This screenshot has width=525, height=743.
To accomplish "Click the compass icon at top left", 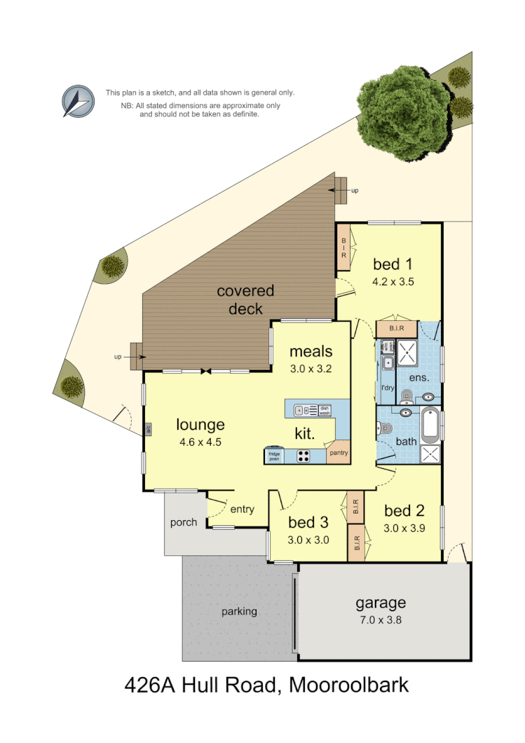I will click(x=78, y=101).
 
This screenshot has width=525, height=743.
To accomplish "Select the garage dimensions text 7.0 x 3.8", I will click(x=381, y=620).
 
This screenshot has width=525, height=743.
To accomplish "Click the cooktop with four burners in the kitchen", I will click(x=304, y=456).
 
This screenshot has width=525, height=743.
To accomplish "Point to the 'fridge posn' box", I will click(x=273, y=456).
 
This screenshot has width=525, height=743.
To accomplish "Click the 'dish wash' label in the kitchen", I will click(x=324, y=411).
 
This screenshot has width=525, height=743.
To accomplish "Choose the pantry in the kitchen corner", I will click(x=339, y=452).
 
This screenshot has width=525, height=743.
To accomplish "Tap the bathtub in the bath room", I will click(x=430, y=423).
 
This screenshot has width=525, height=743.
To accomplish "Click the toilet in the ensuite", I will click(x=407, y=397).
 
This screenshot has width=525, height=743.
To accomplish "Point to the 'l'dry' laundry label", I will click(x=387, y=387).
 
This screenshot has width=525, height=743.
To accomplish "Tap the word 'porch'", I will click(x=184, y=522).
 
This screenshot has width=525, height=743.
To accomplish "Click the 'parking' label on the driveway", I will click(x=239, y=611).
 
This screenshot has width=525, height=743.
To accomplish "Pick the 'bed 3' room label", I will click(x=308, y=522).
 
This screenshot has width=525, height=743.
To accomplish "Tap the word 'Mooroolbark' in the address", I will click(x=348, y=684).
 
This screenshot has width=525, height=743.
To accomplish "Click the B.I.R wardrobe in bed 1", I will click(x=344, y=247).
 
